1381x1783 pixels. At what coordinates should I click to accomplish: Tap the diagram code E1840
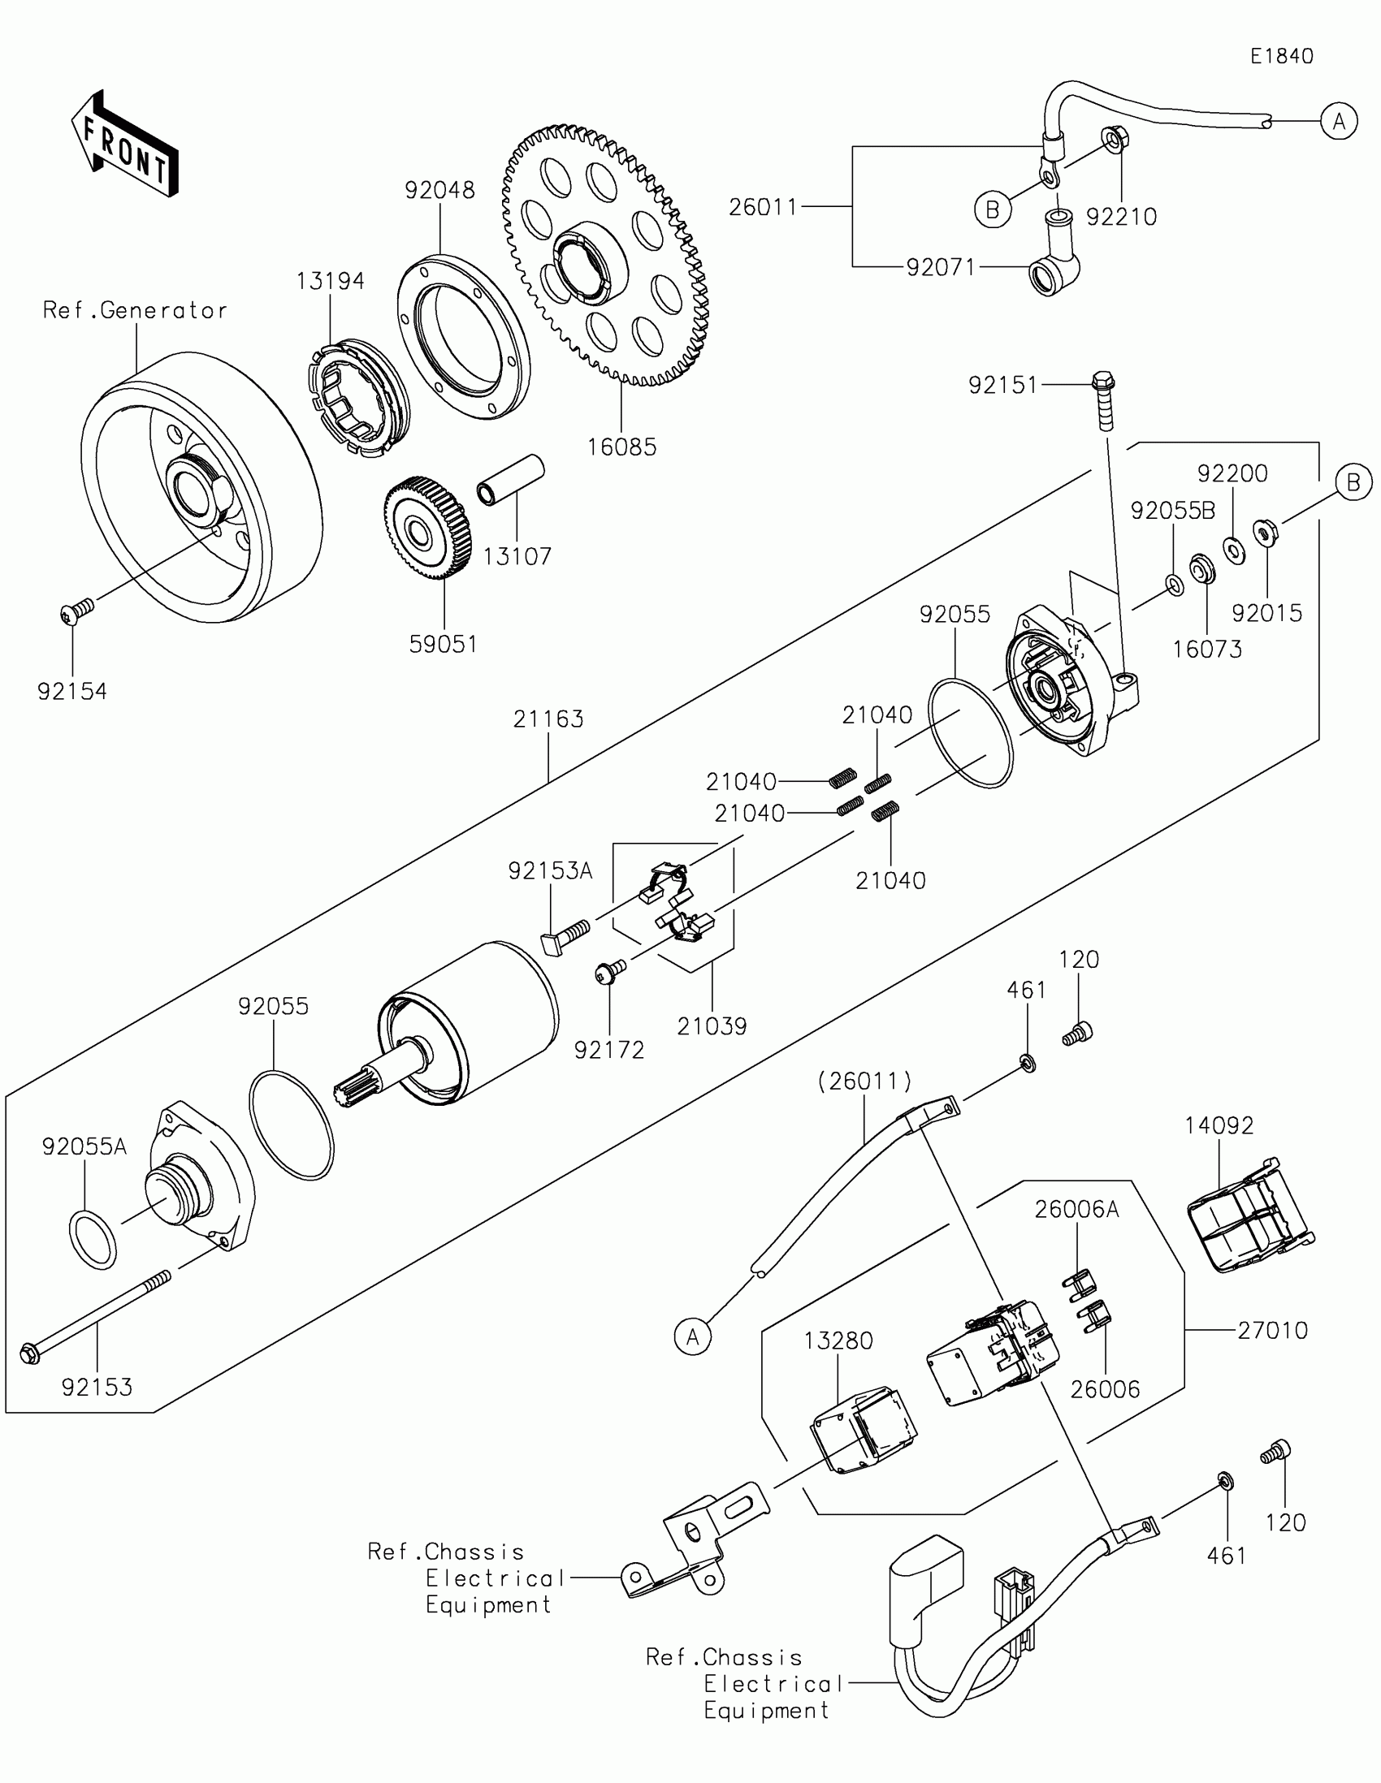1281,56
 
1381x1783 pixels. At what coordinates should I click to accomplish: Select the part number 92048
439,190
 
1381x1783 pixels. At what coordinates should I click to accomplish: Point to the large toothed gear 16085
605,255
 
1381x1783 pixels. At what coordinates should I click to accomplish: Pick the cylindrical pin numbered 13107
511,479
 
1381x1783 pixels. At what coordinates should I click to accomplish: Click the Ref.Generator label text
135,310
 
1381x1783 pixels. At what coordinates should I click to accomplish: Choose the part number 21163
548,719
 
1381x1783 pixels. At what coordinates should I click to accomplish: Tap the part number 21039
712,1026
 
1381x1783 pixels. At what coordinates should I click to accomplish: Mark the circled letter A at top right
1339,122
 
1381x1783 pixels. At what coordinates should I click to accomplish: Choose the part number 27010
1272,1330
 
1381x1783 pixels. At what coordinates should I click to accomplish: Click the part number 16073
1207,649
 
